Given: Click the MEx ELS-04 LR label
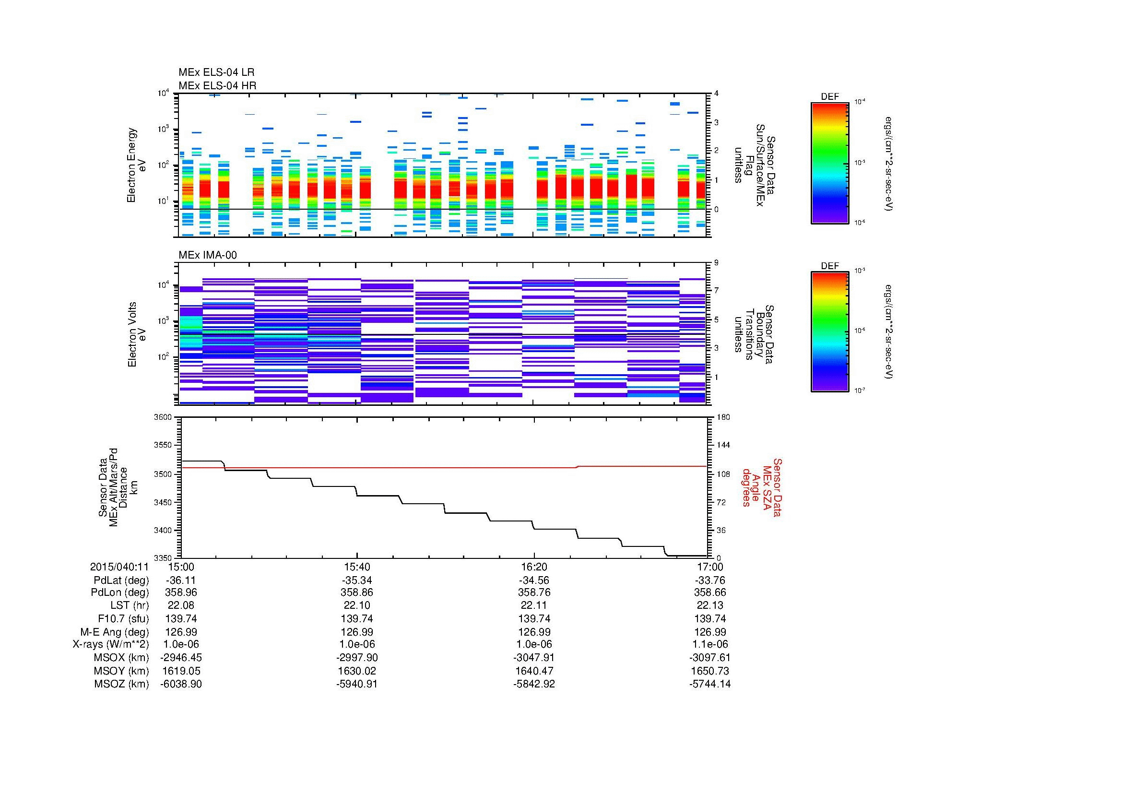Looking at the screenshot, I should pos(216,72).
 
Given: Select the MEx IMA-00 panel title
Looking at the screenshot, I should pos(208,255).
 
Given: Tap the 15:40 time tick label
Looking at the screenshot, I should pos(357,567).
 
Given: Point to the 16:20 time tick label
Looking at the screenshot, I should pos(534,567).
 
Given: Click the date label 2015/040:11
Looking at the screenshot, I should pos(119,567).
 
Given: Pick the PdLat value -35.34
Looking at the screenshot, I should pos(357,580).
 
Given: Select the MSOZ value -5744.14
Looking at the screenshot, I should pos(710,684).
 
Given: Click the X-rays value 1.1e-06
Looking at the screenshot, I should pos(710,644).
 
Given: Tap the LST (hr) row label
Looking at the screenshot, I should pos(130,605).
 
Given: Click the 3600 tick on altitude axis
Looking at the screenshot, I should pos(163,417).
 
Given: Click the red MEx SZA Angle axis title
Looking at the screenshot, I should pos(761,487).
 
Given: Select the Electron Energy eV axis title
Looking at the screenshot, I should pos(137,165).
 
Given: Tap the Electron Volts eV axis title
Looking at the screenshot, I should pos(137,334).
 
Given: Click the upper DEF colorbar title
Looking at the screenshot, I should pos(829,97).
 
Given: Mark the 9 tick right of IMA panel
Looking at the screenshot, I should pos(716,263).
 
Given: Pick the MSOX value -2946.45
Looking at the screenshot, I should pos(181,658).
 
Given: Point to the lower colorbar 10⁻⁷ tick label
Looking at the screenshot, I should pos(859,391).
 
